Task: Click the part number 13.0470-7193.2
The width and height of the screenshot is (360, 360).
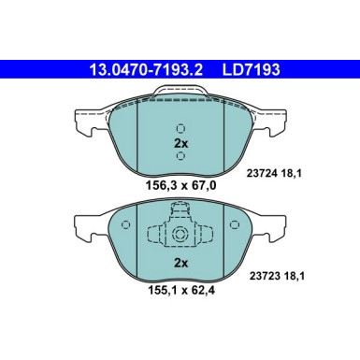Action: (145, 67)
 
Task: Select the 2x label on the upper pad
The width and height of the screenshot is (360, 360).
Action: (180, 144)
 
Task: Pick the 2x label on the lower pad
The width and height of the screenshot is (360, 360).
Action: (180, 263)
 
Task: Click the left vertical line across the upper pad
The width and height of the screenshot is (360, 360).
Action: (137, 136)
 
